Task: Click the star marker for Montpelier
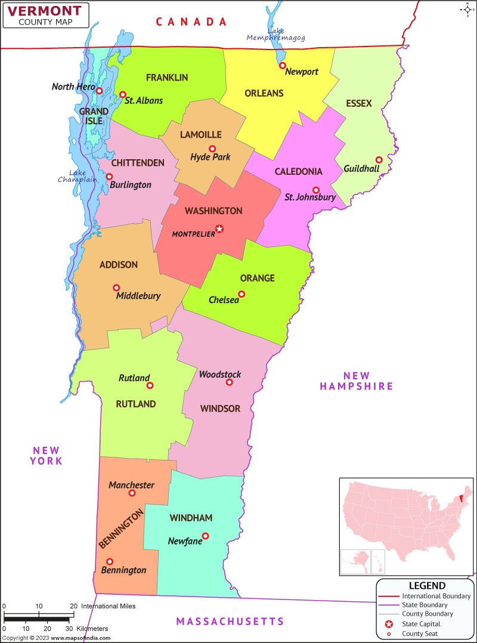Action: pyautogui.click(x=219, y=228)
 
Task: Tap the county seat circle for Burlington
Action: pyautogui.click(x=109, y=177)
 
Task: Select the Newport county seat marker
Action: pyautogui.click(x=283, y=66)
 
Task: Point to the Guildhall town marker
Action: pyautogui.click(x=379, y=160)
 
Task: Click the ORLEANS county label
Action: pyautogui.click(x=264, y=93)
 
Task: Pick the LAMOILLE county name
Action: pyautogui.click(x=201, y=135)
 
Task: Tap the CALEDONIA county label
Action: pyautogui.click(x=298, y=172)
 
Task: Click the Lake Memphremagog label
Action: pyautogui.click(x=276, y=35)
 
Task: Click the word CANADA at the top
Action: pyautogui.click(x=191, y=22)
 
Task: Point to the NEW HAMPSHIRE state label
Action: pyautogui.click(x=357, y=381)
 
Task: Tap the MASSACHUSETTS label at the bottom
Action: pyautogui.click(x=230, y=622)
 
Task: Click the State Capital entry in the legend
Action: pyautogui.click(x=421, y=624)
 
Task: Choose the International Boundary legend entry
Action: pyautogui.click(x=436, y=596)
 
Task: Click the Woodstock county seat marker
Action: pyautogui.click(x=230, y=382)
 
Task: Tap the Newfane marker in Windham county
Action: pyautogui.click(x=206, y=536)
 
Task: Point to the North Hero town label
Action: pyautogui.click(x=72, y=87)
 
